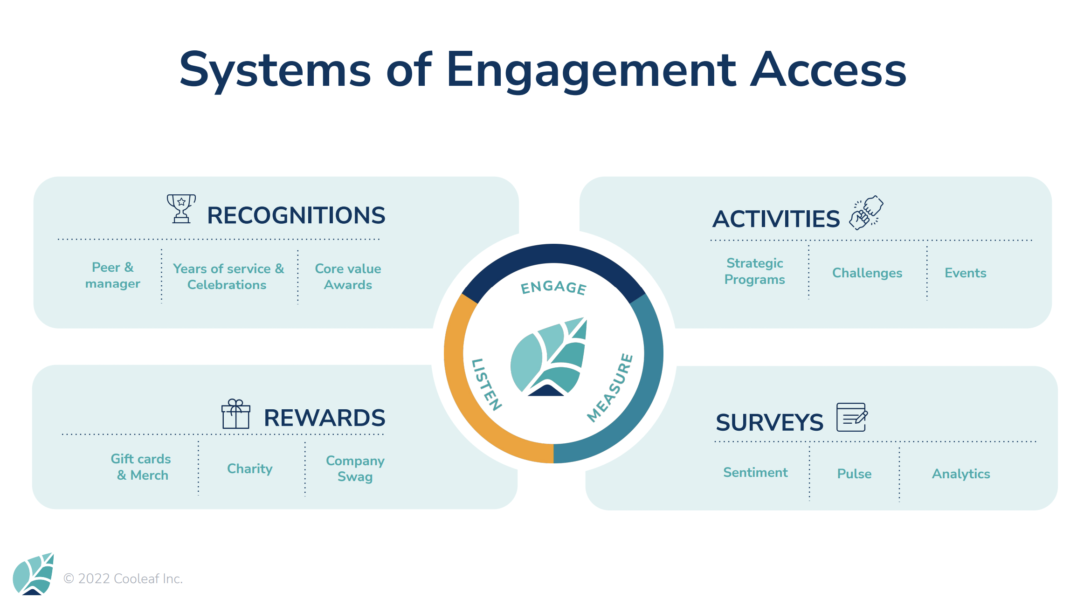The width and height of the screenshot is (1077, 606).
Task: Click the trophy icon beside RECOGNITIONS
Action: coord(181,209)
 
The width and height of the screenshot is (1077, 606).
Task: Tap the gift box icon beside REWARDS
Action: coord(236,414)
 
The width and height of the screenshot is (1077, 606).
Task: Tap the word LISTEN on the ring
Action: coord(486,385)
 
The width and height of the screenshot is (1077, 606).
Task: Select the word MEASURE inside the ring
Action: coord(610,388)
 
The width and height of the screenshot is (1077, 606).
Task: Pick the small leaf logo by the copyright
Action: coord(33,574)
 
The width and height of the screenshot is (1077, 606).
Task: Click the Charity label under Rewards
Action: coord(250,468)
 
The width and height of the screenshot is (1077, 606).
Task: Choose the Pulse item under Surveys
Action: coord(854,474)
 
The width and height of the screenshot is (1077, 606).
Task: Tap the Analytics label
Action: coord(961,474)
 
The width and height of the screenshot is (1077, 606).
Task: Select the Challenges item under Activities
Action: coord(867,273)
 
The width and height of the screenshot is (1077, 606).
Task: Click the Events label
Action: coord(966,273)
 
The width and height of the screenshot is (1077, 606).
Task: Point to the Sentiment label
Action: coord(755,472)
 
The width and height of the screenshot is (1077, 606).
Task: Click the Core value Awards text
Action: coord(348,276)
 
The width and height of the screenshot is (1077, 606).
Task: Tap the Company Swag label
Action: coord(355,468)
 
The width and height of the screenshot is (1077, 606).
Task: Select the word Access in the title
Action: coord(828,70)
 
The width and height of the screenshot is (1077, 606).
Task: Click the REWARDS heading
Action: coord(324,418)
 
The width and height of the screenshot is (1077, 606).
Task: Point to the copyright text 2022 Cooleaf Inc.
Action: coord(123,578)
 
